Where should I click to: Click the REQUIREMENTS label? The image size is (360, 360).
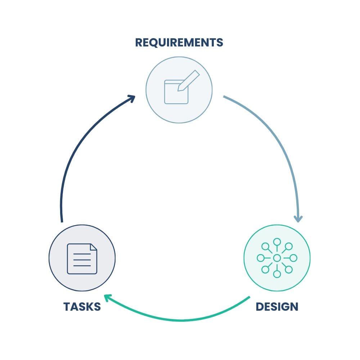pos(179,42)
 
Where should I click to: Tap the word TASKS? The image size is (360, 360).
pos(82,307)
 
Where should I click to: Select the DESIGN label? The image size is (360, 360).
pos(277,307)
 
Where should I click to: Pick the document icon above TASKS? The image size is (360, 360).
pos(82,258)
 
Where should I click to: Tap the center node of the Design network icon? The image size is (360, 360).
pos(277,258)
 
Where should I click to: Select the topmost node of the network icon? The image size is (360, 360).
pos(277,242)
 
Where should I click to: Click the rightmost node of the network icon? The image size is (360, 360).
pos(293,258)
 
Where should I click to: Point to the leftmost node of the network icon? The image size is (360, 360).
pos(260,258)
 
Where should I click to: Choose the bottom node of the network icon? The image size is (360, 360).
pos(277,274)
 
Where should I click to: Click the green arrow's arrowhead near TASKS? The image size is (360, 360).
pos(107,297)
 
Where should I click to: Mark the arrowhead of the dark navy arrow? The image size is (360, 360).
pos(132,97)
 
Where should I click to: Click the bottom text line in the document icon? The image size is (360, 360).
pos(82,266)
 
